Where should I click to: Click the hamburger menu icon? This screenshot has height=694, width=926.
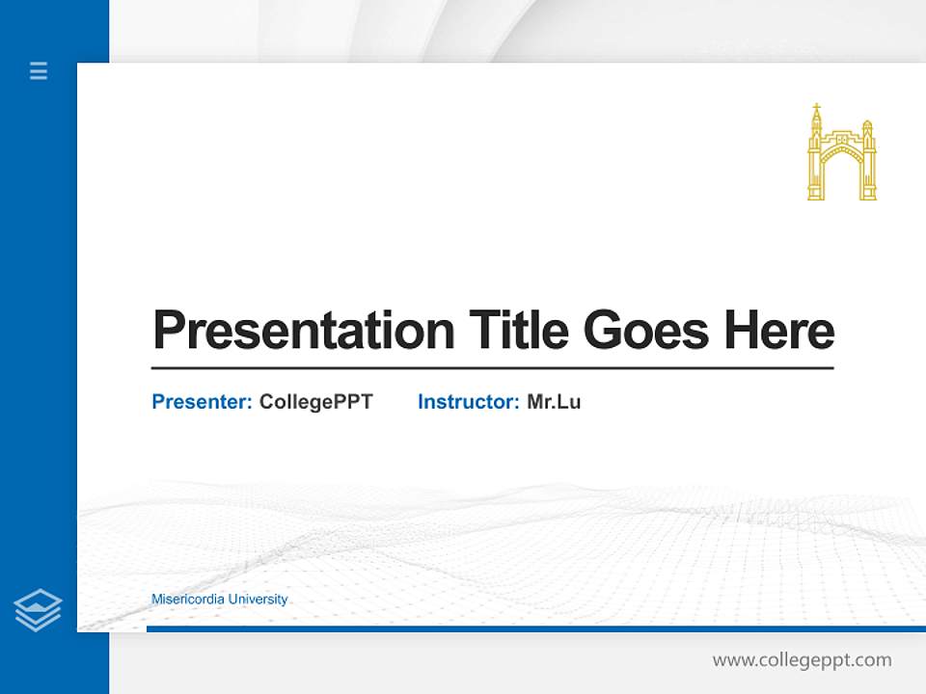[x=39, y=70]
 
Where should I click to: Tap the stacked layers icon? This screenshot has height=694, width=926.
[x=38, y=610]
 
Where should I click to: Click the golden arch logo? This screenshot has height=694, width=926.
[x=842, y=153]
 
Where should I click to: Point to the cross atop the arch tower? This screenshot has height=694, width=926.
[x=817, y=108]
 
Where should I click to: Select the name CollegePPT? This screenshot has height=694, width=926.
[x=315, y=402]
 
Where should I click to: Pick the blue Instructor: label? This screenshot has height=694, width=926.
[x=469, y=402]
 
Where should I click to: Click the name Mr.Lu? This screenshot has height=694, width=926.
[x=554, y=402]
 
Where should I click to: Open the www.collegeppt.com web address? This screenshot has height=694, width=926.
[x=802, y=660]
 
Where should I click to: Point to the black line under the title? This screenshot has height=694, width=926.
[x=492, y=368]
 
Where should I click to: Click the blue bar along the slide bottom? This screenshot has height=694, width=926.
[x=531, y=628]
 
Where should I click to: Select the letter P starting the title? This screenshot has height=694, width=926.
[x=169, y=331]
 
